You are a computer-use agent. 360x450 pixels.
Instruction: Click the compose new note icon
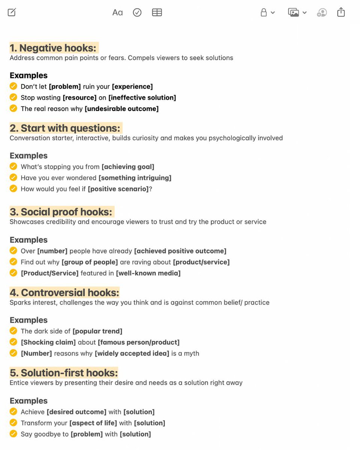coord(12,12)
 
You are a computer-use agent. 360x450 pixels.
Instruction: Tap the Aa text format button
coord(117,12)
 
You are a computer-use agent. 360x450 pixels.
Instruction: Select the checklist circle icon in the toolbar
coord(137,12)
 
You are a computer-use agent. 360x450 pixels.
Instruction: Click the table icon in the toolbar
coord(157,12)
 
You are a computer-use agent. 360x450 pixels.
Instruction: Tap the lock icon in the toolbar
coord(264,12)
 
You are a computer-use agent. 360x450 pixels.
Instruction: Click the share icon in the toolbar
coord(341,12)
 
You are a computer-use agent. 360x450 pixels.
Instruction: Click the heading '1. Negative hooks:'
coord(53,48)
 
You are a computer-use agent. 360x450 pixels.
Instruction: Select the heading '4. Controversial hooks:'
coord(64,292)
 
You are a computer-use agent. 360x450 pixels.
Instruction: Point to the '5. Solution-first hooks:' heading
coord(64,373)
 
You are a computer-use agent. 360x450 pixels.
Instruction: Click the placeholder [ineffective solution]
coord(142,97)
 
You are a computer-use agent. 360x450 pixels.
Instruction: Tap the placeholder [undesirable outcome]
coord(121,109)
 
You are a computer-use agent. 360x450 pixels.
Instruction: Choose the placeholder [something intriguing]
coord(135,178)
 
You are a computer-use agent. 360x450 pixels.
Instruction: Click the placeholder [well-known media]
coord(148,273)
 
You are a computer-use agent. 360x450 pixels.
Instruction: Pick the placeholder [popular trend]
coord(97,331)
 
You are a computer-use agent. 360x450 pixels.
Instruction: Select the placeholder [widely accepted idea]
coord(132,353)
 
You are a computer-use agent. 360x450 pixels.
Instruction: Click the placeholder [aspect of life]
coord(93,423)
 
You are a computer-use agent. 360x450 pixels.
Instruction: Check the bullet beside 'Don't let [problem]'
coord(13,86)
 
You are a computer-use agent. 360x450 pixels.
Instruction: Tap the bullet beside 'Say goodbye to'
coord(13,434)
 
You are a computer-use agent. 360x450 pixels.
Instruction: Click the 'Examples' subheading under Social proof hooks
coord(28,240)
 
